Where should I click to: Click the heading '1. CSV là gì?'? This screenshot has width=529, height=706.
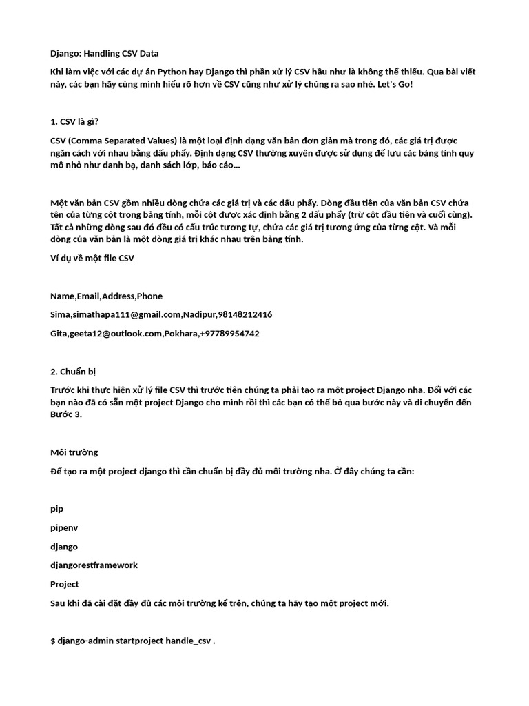click(x=74, y=122)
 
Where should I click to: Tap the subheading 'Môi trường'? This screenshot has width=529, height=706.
click(x=74, y=452)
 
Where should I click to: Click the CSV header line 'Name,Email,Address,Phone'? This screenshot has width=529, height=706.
click(x=106, y=296)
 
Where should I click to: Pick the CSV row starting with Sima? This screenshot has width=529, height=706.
click(x=160, y=314)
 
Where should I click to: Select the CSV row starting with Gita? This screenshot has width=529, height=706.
click(x=154, y=333)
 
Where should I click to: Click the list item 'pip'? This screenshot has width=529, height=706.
click(x=56, y=509)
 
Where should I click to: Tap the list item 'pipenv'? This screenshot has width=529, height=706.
click(x=64, y=527)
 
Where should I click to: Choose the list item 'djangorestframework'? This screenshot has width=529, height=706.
click(x=94, y=565)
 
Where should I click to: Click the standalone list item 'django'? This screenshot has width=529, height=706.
click(x=64, y=546)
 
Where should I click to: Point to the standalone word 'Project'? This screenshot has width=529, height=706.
click(x=65, y=584)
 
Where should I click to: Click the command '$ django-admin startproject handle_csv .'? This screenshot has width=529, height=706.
click(x=133, y=641)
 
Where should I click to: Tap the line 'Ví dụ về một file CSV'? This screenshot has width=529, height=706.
click(x=92, y=258)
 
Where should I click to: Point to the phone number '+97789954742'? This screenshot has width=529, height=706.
click(x=229, y=333)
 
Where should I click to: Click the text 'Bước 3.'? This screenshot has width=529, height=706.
click(x=65, y=414)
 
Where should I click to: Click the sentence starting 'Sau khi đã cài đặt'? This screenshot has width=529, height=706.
click(x=219, y=603)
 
